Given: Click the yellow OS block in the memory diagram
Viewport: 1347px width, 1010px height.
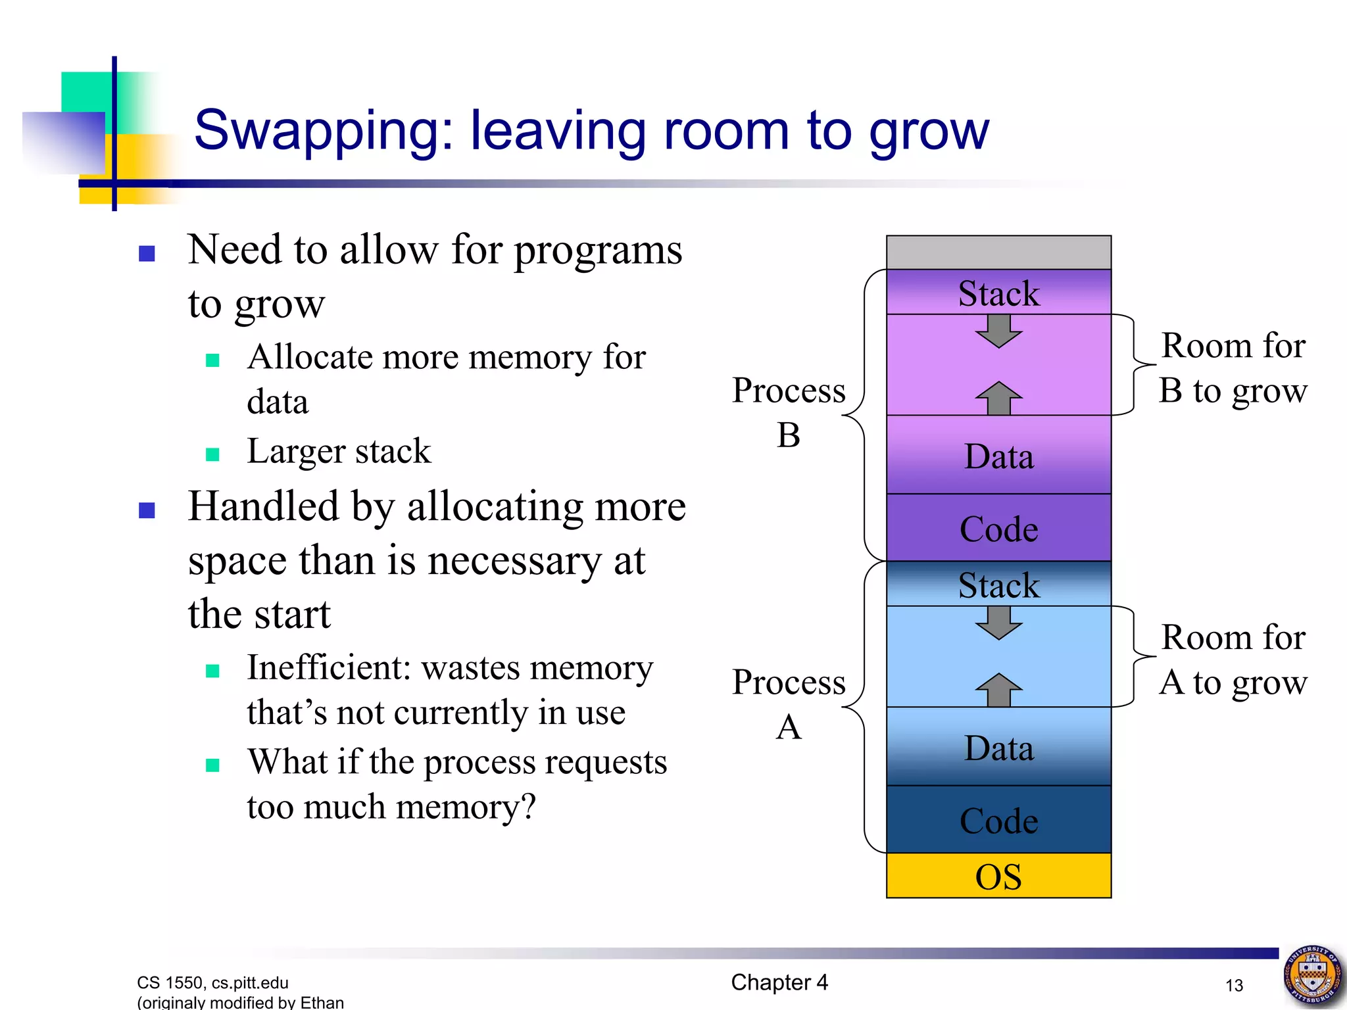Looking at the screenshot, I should [998, 876].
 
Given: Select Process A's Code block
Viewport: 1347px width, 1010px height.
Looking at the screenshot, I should [998, 820].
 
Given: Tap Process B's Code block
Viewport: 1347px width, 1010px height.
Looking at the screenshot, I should [998, 528].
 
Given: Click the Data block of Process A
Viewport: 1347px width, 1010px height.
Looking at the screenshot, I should [998, 748].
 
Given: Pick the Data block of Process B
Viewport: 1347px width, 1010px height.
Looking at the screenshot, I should [998, 456].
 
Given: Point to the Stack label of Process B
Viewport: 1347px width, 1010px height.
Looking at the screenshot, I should [998, 293].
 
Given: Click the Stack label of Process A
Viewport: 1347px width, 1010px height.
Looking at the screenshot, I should [998, 585].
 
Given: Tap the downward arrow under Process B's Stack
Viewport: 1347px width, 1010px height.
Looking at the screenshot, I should [998, 331].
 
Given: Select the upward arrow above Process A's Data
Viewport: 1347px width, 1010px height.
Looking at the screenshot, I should [998, 690].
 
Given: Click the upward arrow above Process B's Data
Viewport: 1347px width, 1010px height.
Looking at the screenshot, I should [998, 398].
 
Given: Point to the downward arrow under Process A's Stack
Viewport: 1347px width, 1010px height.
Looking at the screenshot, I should [998, 623].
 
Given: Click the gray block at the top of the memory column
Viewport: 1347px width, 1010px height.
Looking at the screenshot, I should [998, 252].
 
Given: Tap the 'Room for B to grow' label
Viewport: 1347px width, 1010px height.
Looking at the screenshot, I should [1233, 368].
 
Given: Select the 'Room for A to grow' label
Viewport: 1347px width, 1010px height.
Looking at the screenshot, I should [1233, 660].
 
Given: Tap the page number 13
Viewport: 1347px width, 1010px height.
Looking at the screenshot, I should [1234, 985].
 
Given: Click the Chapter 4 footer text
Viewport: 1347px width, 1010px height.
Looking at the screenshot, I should [779, 982].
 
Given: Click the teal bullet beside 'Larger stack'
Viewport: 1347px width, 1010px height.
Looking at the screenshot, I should [212, 454].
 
